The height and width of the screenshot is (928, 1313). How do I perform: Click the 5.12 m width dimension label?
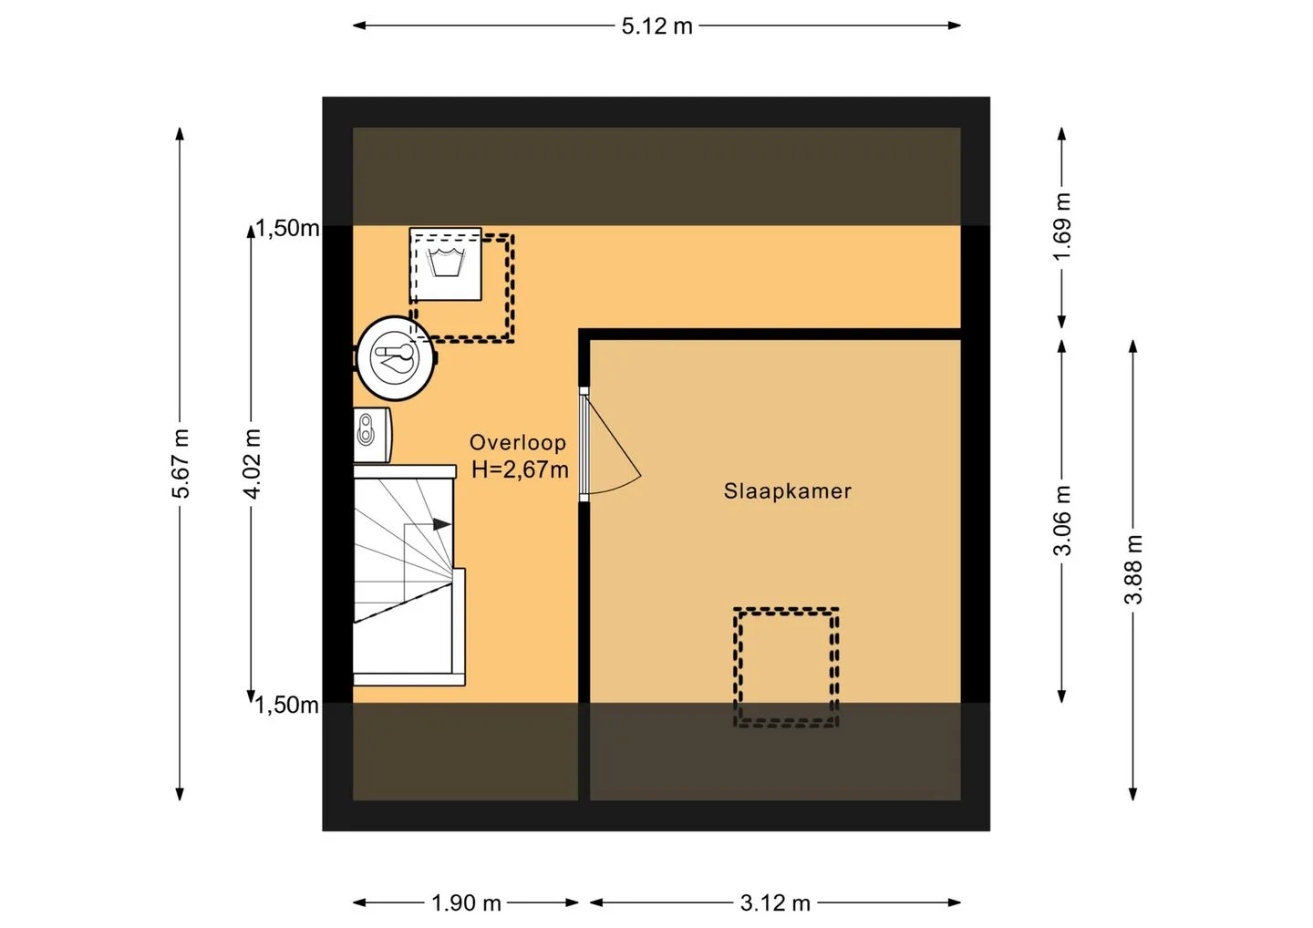pyautogui.click(x=656, y=26)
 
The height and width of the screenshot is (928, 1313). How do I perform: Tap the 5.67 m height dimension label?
pyautogui.click(x=181, y=463)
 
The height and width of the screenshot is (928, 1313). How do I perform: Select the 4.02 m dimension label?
pyautogui.click(x=252, y=463)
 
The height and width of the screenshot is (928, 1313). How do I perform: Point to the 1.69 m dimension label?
pyautogui.click(x=1061, y=227)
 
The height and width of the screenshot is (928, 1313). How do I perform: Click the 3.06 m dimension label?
pyautogui.click(x=1061, y=521)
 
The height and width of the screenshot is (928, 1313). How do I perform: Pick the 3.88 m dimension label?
pyautogui.click(x=1133, y=569)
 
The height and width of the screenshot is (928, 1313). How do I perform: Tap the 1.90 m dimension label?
pyautogui.click(x=466, y=902)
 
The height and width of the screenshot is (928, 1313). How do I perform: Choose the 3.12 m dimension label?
pyautogui.click(x=775, y=902)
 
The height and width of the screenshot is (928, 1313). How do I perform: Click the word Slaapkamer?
pyautogui.click(x=787, y=491)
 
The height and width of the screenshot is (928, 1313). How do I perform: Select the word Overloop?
pyautogui.click(x=518, y=442)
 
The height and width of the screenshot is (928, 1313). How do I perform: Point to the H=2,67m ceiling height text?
pyautogui.click(x=520, y=469)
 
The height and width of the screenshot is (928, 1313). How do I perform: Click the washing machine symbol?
pyautogui.click(x=446, y=264)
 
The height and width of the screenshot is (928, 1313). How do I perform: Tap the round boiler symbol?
pyautogui.click(x=396, y=358)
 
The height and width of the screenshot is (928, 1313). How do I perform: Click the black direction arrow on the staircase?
pyautogui.click(x=442, y=524)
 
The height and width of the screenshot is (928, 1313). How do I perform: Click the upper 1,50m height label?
pyautogui.click(x=287, y=228)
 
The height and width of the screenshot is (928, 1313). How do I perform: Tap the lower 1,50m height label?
pyautogui.click(x=286, y=705)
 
